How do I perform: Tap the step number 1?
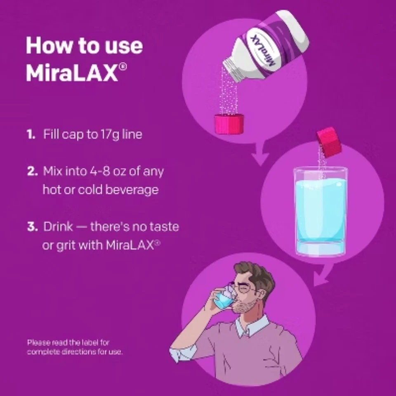pyautogui.click(x=31, y=135)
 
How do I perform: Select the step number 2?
pyautogui.click(x=32, y=171)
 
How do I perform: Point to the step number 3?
pyautogui.click(x=32, y=226)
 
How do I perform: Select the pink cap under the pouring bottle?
pyautogui.click(x=229, y=124)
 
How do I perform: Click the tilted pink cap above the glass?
pyautogui.click(x=329, y=142)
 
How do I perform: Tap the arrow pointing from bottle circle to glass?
pyautogui.click(x=259, y=155)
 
